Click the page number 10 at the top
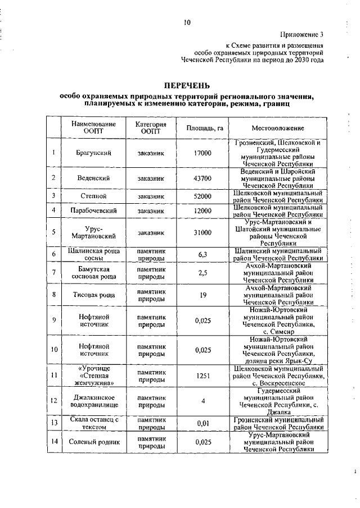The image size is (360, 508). click(x=187, y=22)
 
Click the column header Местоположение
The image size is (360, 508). click(x=278, y=128)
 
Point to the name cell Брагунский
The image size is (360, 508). click(x=93, y=153)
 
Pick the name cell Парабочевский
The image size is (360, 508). click(x=93, y=210)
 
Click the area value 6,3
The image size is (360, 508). click(x=203, y=254)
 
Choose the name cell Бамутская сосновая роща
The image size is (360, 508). click(x=93, y=273)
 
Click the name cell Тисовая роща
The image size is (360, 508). click(x=93, y=294)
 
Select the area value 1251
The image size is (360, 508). click(x=203, y=376)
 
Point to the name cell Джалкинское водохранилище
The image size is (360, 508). click(x=93, y=401)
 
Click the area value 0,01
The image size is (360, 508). click(x=203, y=423)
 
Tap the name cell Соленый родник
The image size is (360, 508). click(x=93, y=442)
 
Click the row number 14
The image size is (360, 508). click(x=53, y=442)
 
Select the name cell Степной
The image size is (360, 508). click(x=93, y=196)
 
